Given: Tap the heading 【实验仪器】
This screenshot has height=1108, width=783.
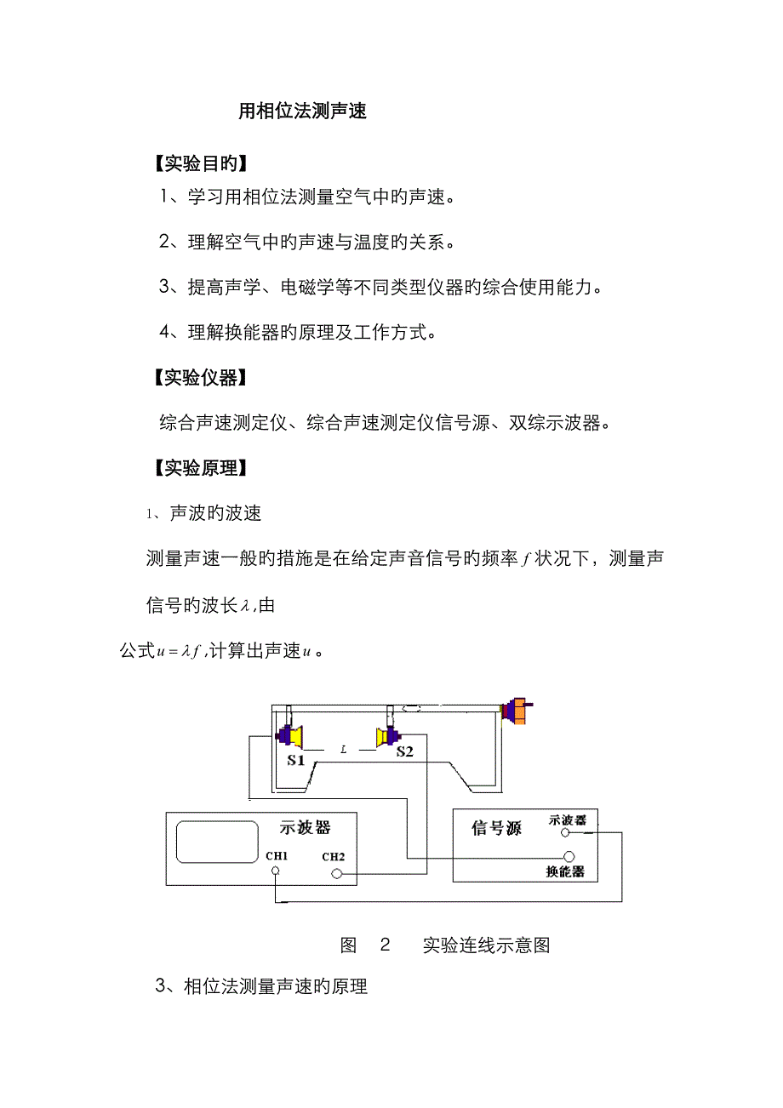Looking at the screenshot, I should [x=199, y=378].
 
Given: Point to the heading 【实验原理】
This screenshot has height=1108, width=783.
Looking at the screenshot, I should [x=199, y=467].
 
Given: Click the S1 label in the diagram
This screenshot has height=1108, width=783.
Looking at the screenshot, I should [x=295, y=760].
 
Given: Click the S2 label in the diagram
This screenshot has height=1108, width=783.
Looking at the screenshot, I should [x=404, y=752].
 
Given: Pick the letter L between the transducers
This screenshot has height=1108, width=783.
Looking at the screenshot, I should [x=344, y=750].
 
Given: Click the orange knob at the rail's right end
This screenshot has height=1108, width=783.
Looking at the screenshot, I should [x=515, y=711].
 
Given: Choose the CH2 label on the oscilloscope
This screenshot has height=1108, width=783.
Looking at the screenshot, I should [x=333, y=857].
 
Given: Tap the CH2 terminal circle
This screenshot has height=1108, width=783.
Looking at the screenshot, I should [x=338, y=874].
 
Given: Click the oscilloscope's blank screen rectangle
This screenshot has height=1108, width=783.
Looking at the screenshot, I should [x=217, y=842].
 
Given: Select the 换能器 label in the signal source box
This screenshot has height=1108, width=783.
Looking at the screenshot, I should [x=565, y=872].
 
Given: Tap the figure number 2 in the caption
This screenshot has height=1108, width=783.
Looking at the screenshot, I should [x=385, y=945].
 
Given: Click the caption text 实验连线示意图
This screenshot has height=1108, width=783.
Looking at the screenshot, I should [x=486, y=945].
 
